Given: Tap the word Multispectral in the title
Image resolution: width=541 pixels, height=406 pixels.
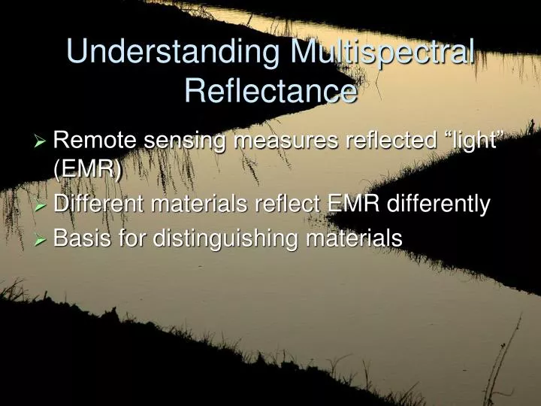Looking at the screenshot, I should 382,53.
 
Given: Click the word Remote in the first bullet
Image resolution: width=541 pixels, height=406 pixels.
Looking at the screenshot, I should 96,140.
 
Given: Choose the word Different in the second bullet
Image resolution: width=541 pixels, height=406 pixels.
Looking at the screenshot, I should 101,204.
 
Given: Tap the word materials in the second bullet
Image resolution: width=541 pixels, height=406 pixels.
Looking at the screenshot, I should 207,204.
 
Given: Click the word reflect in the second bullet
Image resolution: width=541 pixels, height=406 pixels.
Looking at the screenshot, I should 293,204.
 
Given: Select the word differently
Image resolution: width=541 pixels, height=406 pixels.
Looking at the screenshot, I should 437,204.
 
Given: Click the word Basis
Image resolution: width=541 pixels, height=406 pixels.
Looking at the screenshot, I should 82,239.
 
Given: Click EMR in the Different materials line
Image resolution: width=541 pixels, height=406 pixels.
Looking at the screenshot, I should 353,204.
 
